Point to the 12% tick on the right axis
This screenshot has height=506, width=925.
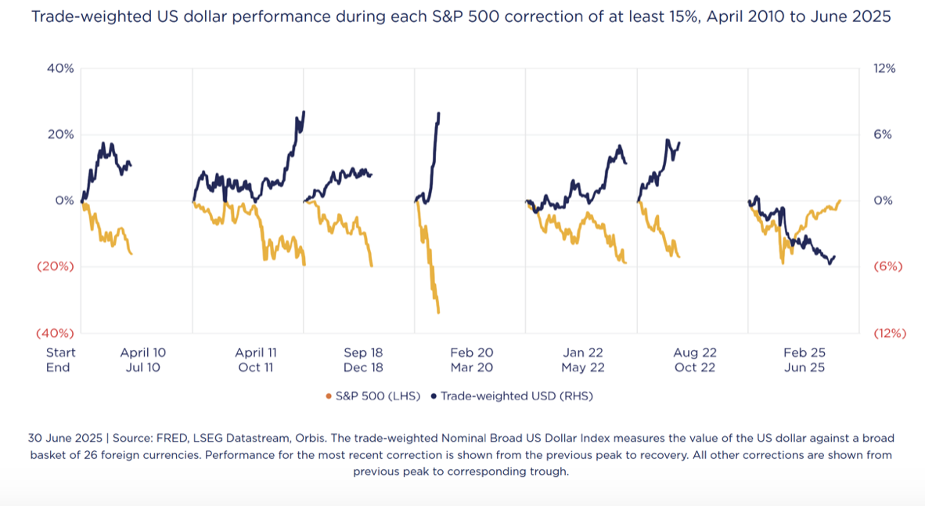885,68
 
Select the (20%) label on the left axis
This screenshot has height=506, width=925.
56,266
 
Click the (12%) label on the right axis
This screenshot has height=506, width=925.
889,333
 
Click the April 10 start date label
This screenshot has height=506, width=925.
143,353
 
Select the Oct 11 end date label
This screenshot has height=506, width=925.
256,367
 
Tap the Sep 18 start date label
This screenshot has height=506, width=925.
363,353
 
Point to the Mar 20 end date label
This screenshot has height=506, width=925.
472,367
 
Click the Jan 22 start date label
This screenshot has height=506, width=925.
583,353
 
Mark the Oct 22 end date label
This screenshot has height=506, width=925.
695,367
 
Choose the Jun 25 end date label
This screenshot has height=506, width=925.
804,367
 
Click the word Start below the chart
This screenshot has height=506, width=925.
61,353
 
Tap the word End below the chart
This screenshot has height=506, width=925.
58,367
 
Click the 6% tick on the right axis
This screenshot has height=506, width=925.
884,134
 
